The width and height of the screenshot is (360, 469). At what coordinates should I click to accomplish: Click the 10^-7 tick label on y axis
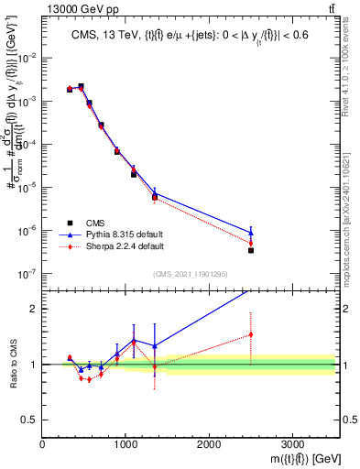[x=28, y=273]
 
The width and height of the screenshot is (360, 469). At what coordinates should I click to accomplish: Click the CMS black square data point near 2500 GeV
[x=251, y=250]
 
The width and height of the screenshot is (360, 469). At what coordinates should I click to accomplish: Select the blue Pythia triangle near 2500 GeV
[x=251, y=233]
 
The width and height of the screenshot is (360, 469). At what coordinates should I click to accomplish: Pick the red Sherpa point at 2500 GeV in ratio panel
[x=251, y=335]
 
